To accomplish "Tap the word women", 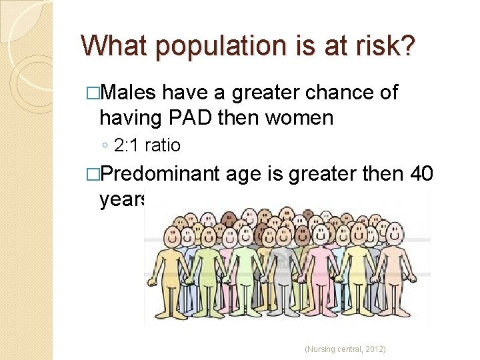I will tap(299, 118).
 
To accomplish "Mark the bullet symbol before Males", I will tap(93, 93).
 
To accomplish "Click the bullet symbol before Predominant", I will tap(93, 175).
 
